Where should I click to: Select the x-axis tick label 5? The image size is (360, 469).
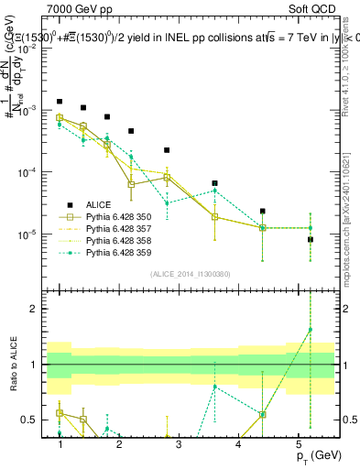click(x=298, y=443)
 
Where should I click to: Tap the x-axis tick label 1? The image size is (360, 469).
click(x=60, y=443)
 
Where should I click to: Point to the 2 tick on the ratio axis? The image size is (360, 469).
click(x=38, y=309)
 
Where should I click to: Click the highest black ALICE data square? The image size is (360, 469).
click(x=60, y=102)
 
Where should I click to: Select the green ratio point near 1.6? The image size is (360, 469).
click(x=310, y=330)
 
